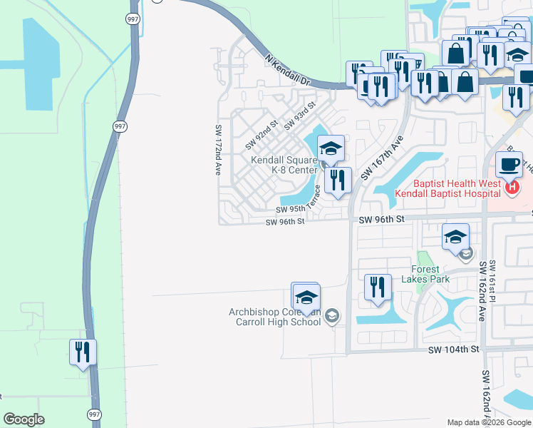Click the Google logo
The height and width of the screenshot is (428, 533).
click(x=24, y=419)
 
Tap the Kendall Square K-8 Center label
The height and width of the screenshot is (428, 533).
click(x=284, y=165)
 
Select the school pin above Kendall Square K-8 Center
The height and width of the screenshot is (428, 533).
click(x=331, y=149)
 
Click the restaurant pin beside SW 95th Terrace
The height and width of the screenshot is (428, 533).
click(x=338, y=180)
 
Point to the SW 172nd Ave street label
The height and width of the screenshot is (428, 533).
click(x=219, y=150)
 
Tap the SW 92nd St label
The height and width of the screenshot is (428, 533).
click(x=261, y=135)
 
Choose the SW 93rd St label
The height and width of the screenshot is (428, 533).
click(x=299, y=117)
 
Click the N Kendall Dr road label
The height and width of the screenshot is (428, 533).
click(x=288, y=71)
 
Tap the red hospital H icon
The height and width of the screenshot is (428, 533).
click(x=510, y=187)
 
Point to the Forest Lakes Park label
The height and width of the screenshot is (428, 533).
click(x=430, y=274)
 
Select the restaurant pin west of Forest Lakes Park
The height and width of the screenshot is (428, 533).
click(x=378, y=287)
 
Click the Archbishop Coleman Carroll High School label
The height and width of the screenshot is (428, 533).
click(x=275, y=317)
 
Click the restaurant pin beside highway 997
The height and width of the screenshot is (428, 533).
click(x=83, y=352)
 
